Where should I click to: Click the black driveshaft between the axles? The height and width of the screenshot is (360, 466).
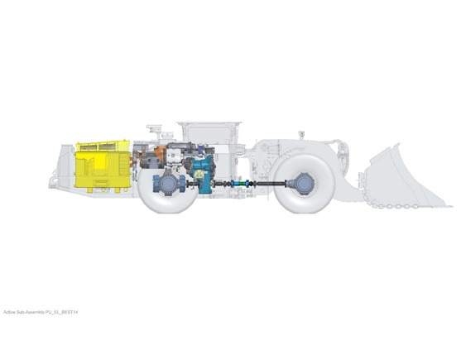point(261,184)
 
